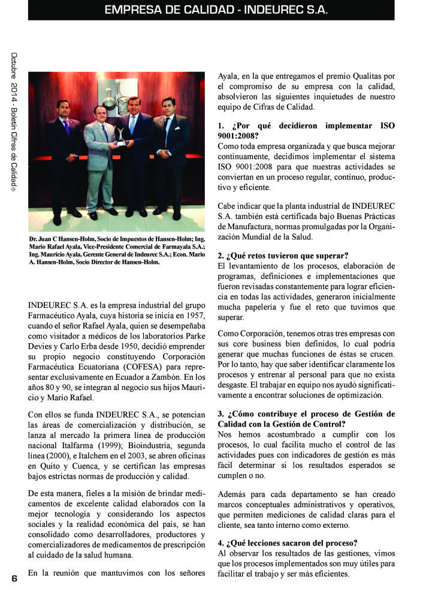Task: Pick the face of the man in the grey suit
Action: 99,113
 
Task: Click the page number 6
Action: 13,578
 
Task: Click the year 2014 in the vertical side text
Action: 13,98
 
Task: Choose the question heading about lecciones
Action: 288,542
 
